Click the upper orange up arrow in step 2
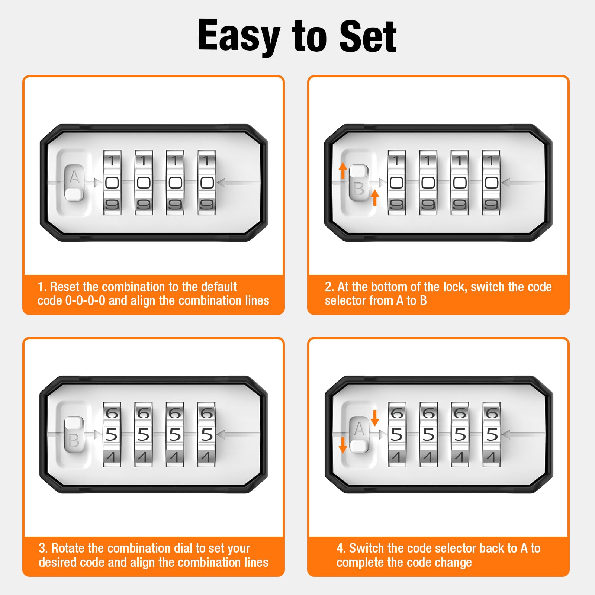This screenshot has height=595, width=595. [x=343, y=171]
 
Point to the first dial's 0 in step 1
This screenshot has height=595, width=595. [x=112, y=183]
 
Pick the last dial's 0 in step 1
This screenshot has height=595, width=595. [x=207, y=183]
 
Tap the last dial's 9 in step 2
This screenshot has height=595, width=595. [x=491, y=204]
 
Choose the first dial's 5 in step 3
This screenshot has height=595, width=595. [x=112, y=434]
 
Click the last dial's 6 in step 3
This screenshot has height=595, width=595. [x=207, y=413]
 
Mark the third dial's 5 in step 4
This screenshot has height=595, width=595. [x=460, y=434]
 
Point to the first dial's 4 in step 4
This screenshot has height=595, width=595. [x=396, y=457]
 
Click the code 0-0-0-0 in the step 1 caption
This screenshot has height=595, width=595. [x=85, y=300]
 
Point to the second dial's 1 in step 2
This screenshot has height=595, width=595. [x=428, y=161]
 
